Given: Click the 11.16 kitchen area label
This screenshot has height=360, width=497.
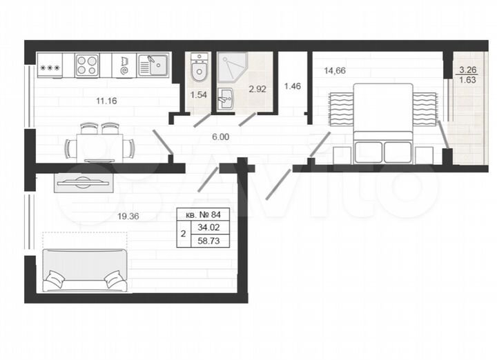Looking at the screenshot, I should click(x=106, y=101).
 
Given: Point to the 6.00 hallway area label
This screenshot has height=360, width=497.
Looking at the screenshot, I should click(x=221, y=137).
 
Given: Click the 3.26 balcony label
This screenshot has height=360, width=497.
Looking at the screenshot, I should click(x=467, y=69).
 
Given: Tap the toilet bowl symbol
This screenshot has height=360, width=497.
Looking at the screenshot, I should click(x=198, y=68).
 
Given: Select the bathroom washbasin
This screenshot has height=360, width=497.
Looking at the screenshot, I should click(x=226, y=100).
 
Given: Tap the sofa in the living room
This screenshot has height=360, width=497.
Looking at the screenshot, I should click(x=84, y=270).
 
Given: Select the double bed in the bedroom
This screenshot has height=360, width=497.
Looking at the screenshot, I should click(x=383, y=121).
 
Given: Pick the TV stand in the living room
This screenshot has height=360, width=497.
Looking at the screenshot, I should click(x=82, y=182).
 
